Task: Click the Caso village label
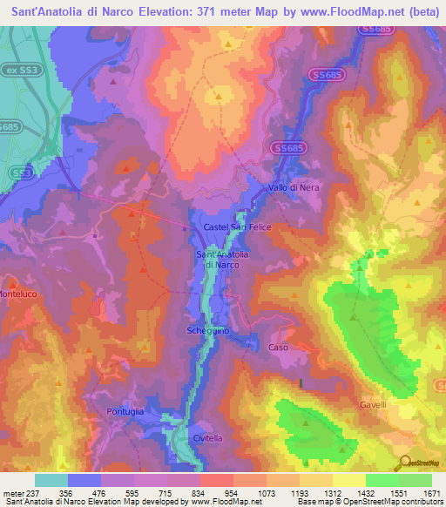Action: click(x=278, y=347)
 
